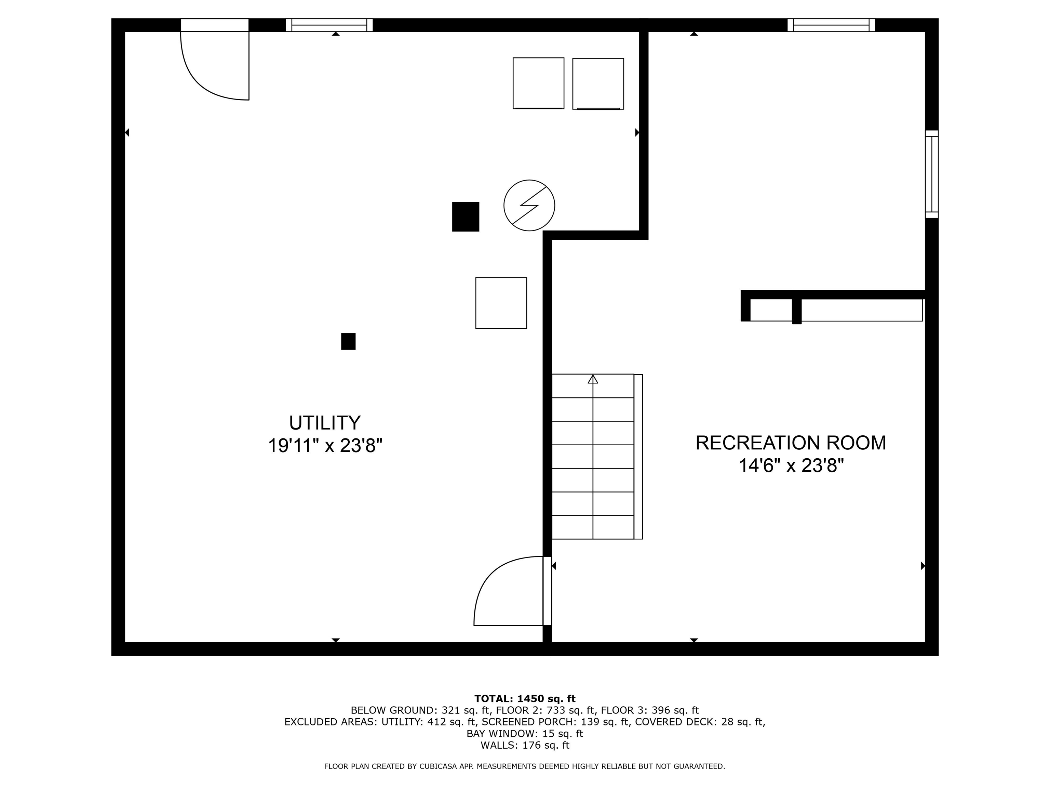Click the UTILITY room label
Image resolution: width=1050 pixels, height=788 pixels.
pyautogui.click(x=325, y=422)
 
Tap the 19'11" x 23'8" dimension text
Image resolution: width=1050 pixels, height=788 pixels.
pyautogui.click(x=325, y=446)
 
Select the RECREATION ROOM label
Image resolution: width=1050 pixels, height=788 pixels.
pyautogui.click(x=790, y=442)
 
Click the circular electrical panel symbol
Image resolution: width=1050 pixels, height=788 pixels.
pyautogui.click(x=529, y=205)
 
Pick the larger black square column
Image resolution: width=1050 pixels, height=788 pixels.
pyautogui.click(x=465, y=216)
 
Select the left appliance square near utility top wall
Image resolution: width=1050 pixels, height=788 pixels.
pyautogui.click(x=538, y=83)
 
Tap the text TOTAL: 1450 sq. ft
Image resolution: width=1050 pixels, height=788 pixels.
pyautogui.click(x=525, y=698)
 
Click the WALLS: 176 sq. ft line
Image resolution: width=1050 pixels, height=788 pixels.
pyautogui.click(x=525, y=745)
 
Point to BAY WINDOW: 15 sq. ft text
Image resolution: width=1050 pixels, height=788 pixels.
pyautogui.click(x=525, y=733)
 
